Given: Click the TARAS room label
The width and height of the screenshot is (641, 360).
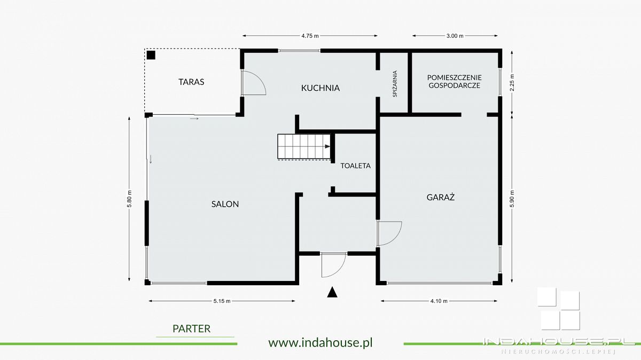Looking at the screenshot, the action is point(191,82).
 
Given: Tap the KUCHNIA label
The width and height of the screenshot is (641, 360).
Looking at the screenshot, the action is point(320,88).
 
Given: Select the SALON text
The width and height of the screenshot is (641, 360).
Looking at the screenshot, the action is point(225,204).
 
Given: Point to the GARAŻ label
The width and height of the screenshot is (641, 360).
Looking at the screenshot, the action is point(440,197).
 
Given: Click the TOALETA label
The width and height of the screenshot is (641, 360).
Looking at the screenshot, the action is point(355,166).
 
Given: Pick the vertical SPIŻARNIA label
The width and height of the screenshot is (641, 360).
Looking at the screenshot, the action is point(395,84).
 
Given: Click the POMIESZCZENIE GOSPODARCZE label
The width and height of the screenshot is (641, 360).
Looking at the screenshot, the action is point(454,82).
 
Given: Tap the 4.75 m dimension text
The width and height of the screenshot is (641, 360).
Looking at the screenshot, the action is point(310,36).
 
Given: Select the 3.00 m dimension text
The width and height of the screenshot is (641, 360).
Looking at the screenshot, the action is point(455,36).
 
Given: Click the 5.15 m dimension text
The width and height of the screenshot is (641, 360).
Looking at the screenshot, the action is point(222,301).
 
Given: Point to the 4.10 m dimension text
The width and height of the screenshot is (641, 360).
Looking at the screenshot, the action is point(439,301).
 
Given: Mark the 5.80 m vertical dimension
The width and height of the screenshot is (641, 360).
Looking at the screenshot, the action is point(129,199).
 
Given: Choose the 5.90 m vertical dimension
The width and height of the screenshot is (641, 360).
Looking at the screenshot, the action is point(512,199).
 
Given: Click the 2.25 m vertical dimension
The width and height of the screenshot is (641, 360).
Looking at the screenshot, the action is point(512,83).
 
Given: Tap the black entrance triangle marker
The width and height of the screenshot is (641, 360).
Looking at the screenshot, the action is point(332,293).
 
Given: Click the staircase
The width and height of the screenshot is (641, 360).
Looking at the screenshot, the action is point(304,146).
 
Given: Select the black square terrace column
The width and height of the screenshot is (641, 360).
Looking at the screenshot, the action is point(151,55).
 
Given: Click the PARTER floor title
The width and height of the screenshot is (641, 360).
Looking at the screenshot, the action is point(191,329).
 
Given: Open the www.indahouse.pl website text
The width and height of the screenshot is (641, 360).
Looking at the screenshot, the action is point(320,342).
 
